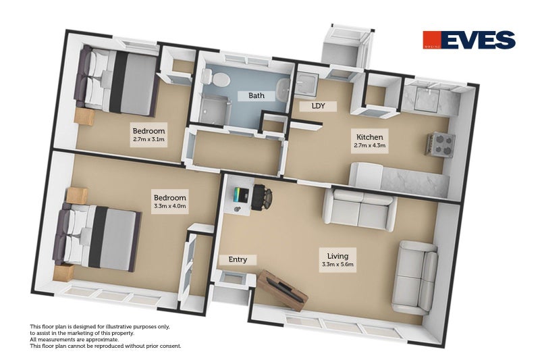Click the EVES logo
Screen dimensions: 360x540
tap(468, 41)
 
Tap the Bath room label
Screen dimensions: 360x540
tap(256, 96)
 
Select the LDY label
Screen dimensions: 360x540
tap(319, 106)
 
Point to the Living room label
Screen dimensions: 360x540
tap(337, 256)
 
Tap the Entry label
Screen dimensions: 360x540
tap(238, 259)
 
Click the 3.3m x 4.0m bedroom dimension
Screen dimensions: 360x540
tap(169, 206)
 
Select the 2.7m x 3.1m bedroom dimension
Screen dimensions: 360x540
tap(148, 140)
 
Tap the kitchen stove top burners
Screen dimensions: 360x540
tap(441, 143)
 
